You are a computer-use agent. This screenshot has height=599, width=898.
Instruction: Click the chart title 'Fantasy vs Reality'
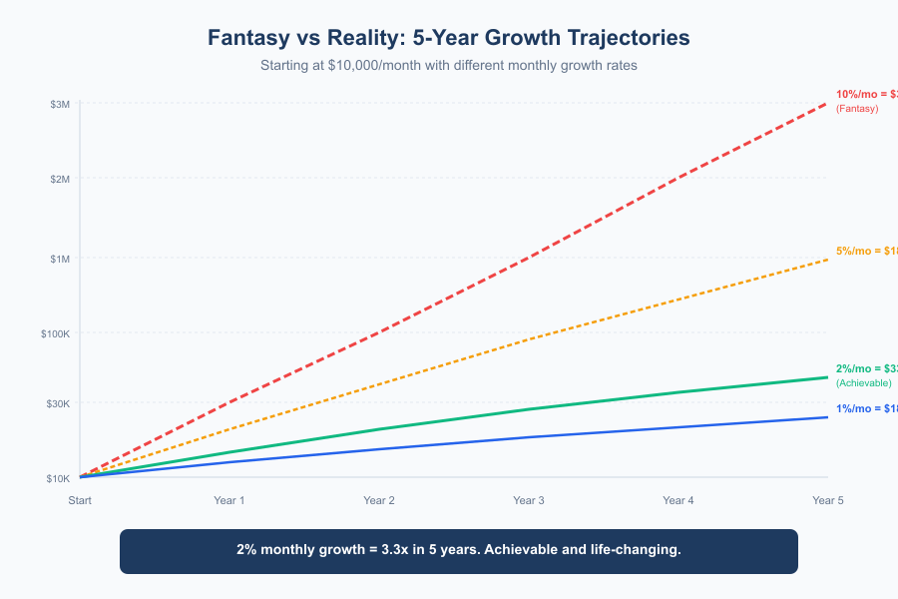(x=448, y=38)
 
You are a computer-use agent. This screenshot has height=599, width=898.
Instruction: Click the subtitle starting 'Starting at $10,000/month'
(x=448, y=65)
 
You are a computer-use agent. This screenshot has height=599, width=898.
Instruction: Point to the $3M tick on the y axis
(x=58, y=104)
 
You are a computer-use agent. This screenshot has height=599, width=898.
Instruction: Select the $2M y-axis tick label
(x=58, y=179)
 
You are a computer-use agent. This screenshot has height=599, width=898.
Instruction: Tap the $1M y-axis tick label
(x=58, y=259)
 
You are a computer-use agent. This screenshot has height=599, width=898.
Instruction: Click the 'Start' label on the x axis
(x=80, y=500)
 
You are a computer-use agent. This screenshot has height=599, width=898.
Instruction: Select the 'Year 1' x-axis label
(x=229, y=500)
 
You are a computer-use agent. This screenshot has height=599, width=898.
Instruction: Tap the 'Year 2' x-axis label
(x=379, y=500)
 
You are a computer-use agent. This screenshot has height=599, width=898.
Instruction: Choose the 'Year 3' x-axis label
(x=529, y=500)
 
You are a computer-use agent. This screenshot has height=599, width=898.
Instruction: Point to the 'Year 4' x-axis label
(x=678, y=500)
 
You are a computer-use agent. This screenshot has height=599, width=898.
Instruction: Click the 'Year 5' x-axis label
(x=828, y=500)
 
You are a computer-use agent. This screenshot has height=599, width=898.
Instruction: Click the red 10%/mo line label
(x=866, y=94)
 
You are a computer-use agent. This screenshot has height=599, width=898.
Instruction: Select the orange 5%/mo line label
(x=866, y=251)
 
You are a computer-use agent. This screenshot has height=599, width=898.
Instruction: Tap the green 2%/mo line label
(x=866, y=368)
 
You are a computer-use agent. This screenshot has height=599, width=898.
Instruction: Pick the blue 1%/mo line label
(x=866, y=408)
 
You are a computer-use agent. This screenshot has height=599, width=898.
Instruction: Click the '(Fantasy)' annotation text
(x=857, y=108)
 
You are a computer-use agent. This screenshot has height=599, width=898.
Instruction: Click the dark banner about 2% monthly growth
(x=459, y=551)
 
